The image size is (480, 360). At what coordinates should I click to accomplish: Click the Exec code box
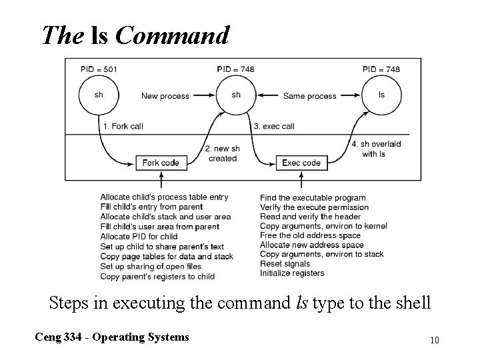click(301, 163)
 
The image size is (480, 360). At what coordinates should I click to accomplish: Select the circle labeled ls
click(381, 95)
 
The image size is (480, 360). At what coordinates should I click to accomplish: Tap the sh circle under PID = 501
click(99, 95)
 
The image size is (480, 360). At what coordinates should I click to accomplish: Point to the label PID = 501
click(98, 69)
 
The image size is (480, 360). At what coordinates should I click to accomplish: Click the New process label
click(165, 96)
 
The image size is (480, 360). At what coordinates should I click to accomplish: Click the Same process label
click(309, 96)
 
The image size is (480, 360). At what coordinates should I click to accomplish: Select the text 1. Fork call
click(123, 126)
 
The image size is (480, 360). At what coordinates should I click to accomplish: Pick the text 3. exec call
click(274, 126)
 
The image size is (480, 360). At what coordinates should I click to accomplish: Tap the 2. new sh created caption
click(222, 153)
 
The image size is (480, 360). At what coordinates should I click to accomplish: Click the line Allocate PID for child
click(139, 236)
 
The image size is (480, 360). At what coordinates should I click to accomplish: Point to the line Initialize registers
click(292, 273)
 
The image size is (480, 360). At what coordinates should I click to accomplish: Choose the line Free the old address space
click(310, 235)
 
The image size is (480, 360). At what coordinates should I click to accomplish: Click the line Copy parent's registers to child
click(157, 276)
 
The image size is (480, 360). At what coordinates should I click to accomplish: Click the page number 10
click(434, 340)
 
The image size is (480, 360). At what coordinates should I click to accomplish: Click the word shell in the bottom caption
click(414, 303)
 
